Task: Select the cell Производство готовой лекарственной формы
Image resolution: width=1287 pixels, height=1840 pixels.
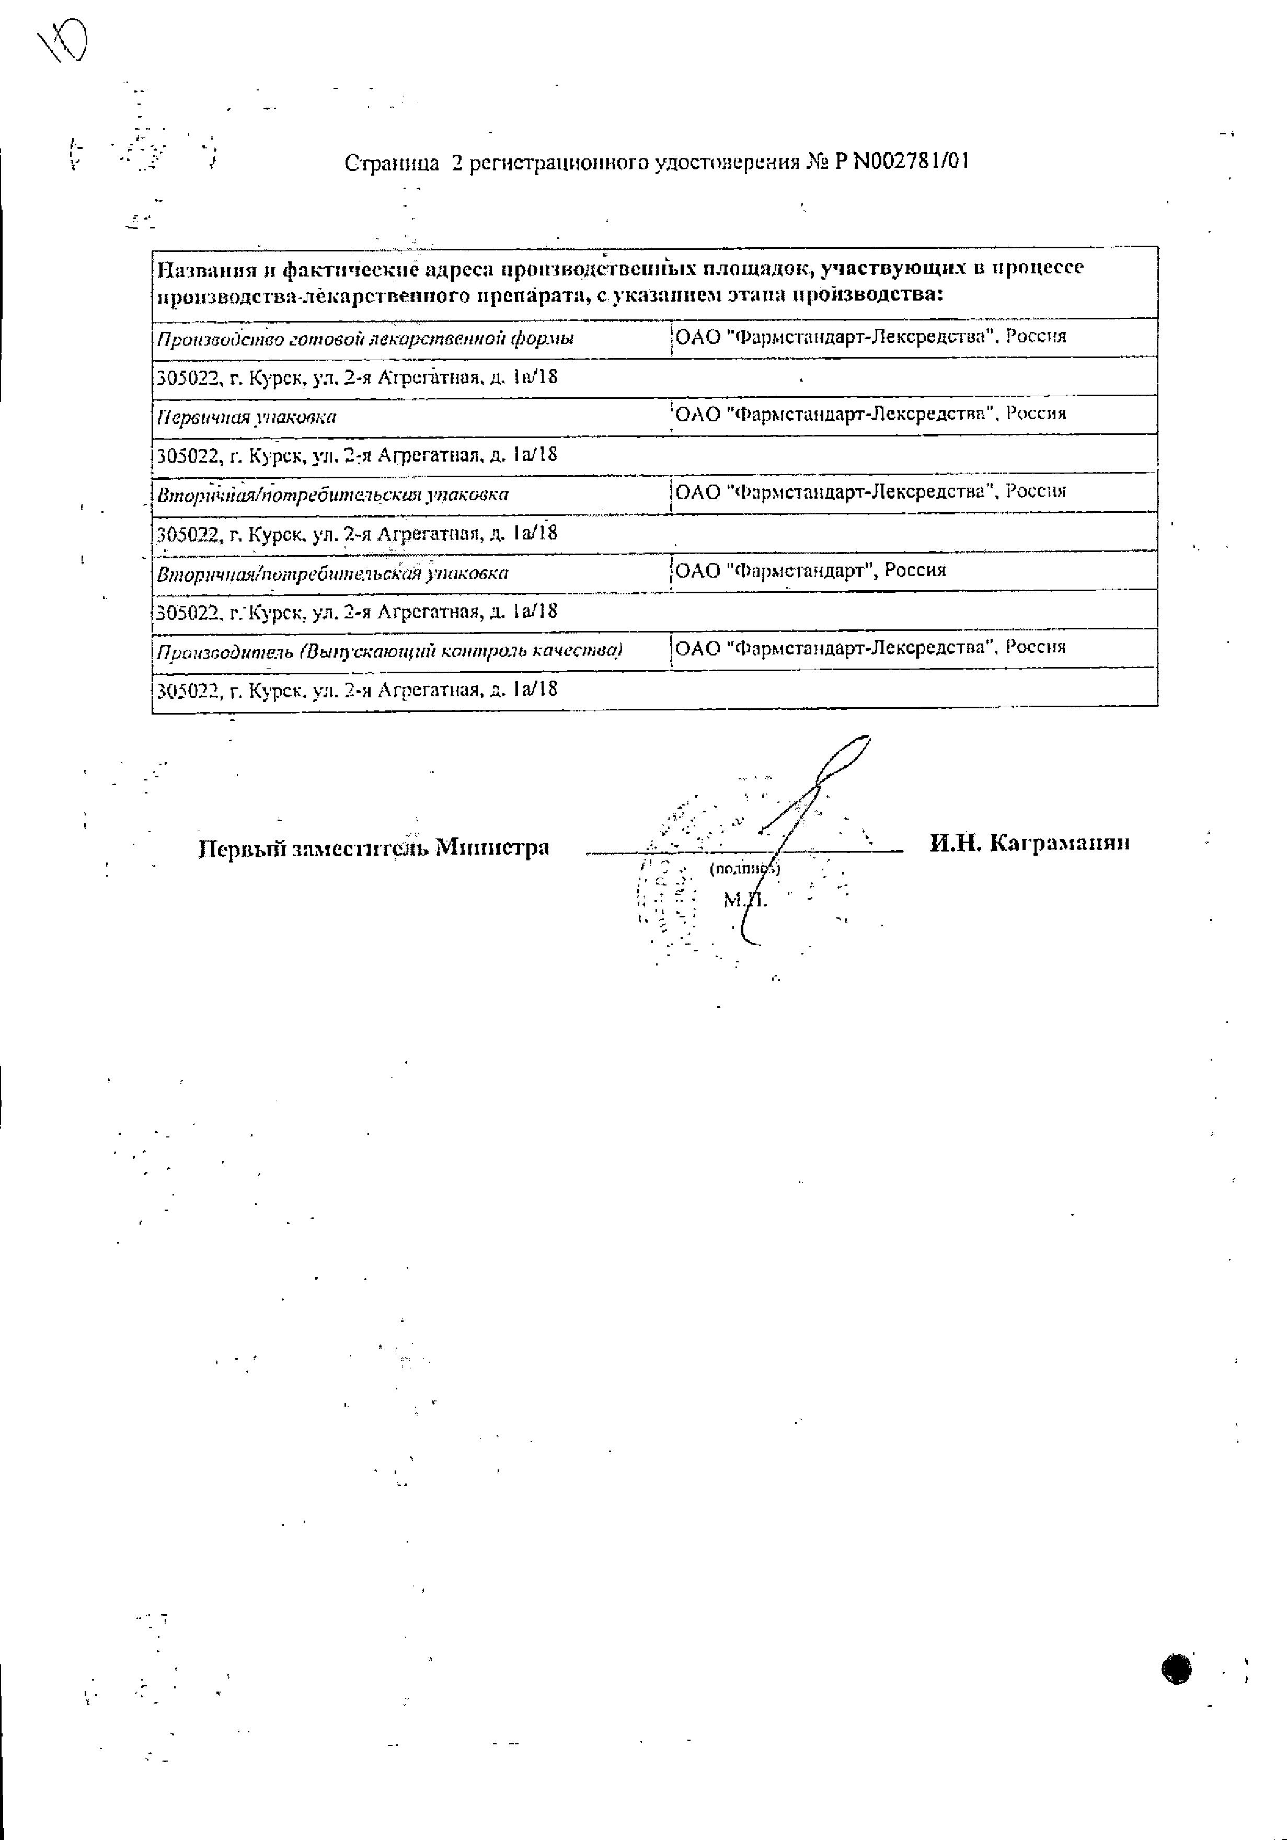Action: point(365,338)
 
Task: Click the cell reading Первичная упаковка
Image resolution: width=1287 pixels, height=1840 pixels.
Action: point(247,417)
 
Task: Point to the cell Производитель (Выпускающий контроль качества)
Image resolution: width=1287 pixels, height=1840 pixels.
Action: point(389,650)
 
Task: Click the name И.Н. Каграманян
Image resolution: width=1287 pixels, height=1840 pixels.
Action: point(1030,842)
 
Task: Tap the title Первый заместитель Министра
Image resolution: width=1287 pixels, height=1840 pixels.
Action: point(373,847)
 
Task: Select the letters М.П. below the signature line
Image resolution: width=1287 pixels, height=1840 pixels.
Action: point(744,900)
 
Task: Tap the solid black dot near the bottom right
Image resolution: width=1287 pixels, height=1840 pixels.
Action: point(1176,1667)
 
